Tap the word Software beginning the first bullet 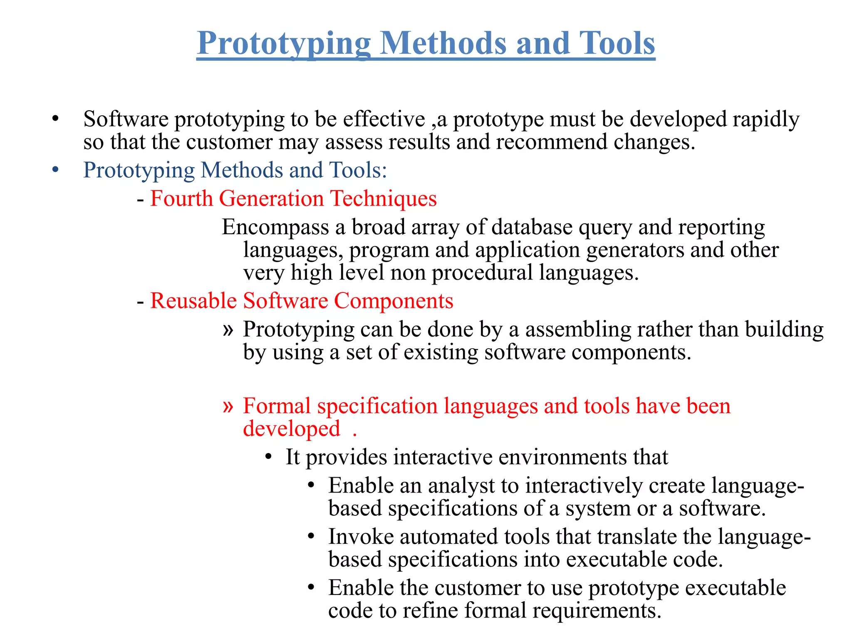[x=126, y=119]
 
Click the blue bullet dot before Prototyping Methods [x=56, y=171]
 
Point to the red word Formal [x=277, y=406]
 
